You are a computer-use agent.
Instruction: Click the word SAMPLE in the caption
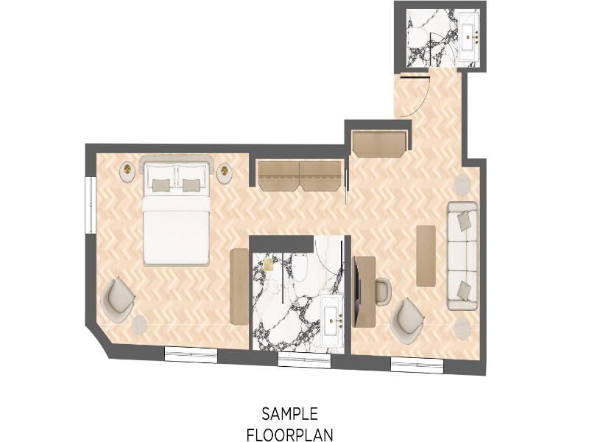point(289,414)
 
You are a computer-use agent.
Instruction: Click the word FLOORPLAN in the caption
point(289,435)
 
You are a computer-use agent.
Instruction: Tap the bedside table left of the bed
point(127,172)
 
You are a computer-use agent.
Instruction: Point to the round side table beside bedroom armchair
point(140,324)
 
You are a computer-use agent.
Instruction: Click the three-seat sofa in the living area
point(462,256)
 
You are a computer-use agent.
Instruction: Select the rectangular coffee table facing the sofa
point(426,256)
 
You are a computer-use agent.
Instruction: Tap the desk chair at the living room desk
point(383,290)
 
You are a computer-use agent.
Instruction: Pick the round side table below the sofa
point(462,329)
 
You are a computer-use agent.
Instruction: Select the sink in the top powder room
point(468,37)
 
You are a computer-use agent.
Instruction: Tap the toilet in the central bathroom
point(300,267)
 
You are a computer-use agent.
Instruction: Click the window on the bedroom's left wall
point(90,205)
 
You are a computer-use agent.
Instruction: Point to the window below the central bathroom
point(304,360)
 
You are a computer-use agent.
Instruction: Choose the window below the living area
point(417,365)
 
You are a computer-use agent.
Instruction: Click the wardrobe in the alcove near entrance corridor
point(379,143)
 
